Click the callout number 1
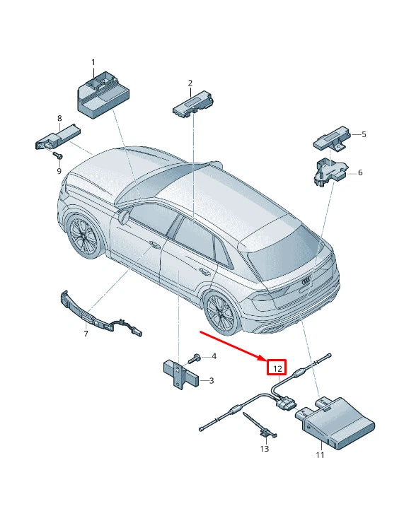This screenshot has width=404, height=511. coord(92,63)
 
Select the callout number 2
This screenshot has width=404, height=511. coord(190,83)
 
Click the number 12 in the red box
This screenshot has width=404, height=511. coord(277,368)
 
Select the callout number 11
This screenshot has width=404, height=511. coord(319,454)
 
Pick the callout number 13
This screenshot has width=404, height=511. coord(264,448)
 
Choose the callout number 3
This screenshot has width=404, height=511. coord(211,381)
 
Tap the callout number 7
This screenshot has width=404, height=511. coord(85,333)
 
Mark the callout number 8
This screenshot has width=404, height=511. coord(59,118)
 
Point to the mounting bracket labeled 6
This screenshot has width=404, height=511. coord(328,172)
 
